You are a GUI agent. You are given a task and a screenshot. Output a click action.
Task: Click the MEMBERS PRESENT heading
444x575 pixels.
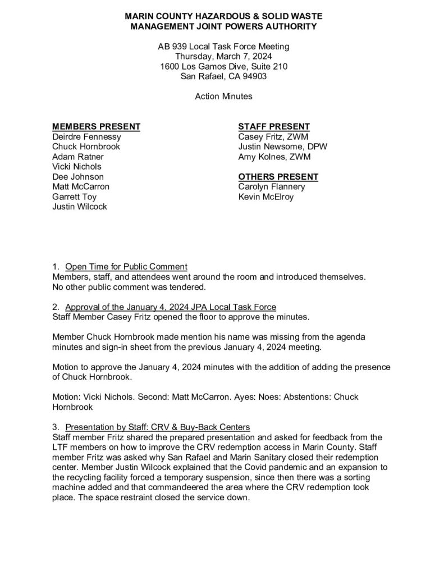(x=96, y=126)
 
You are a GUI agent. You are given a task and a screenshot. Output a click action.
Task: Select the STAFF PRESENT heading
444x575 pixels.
(x=274, y=126)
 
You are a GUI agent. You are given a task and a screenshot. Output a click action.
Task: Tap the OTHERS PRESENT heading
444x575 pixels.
(x=278, y=177)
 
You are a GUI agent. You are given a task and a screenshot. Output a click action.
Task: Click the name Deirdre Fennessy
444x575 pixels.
(x=86, y=136)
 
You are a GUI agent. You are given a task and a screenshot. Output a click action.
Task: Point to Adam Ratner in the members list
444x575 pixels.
(x=77, y=157)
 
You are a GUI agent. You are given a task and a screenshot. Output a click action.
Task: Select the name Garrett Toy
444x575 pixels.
(x=74, y=197)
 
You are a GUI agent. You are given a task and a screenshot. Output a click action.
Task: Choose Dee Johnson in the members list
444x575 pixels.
(x=78, y=177)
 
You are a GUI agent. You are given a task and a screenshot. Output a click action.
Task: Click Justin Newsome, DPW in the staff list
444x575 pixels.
(x=282, y=147)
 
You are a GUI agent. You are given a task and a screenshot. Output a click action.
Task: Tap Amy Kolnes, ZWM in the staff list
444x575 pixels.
(x=273, y=157)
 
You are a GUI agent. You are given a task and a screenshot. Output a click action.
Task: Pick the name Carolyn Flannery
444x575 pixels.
(x=272, y=187)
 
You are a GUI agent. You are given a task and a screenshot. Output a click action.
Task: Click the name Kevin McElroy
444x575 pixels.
(x=266, y=197)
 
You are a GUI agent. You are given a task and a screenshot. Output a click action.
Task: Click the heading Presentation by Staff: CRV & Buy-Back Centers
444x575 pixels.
(x=158, y=427)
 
